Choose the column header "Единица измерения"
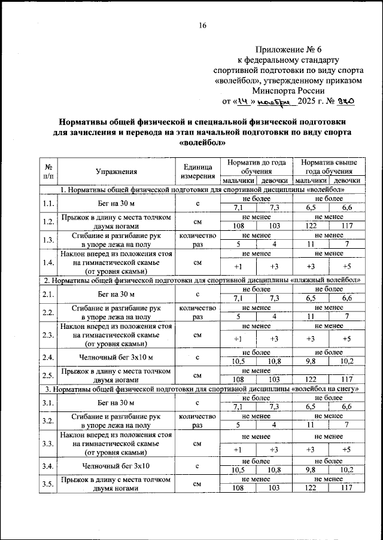pyautogui.click(x=196, y=172)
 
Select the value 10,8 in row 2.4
pyautogui.click(x=274, y=361)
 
